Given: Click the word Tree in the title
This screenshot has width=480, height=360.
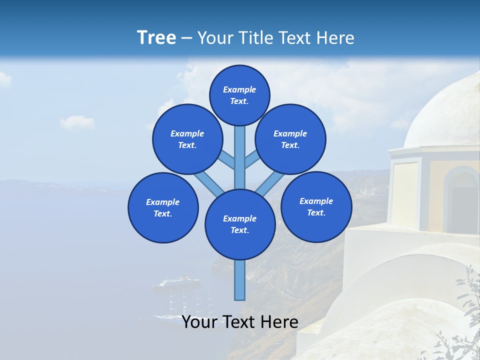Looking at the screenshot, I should point(156,38).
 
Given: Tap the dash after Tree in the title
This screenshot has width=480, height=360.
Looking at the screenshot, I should point(186,38).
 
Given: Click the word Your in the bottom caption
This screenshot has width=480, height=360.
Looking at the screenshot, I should point(199,322).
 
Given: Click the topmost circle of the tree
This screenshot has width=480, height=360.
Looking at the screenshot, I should point(239,95).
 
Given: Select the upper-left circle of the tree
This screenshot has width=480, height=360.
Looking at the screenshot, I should point(187,139).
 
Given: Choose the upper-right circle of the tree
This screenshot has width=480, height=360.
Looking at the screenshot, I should point(290,139).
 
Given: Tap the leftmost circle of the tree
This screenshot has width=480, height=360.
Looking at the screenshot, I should point(163,207).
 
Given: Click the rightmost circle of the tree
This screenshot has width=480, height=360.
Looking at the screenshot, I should point(316,206).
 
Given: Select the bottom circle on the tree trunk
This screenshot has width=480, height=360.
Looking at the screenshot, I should point(240,224).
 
